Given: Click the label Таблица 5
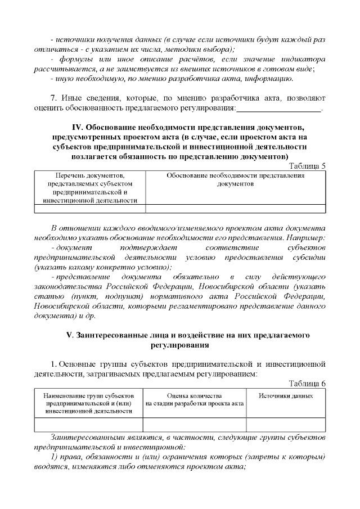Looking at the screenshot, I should click(x=307, y=165).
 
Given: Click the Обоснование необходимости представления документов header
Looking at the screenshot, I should click(x=236, y=179).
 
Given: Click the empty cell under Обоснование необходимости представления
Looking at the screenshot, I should click(x=236, y=209).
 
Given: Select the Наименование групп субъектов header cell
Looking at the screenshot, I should click(x=89, y=403).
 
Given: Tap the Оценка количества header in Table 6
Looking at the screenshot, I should click(x=195, y=399).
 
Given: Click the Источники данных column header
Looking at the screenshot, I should click(x=286, y=396).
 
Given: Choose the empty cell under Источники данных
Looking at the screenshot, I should click(x=286, y=425).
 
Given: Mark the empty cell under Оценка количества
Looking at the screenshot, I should click(x=195, y=425).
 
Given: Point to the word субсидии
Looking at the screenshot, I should click(x=308, y=257).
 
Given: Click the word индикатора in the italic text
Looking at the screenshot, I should click(x=304, y=58).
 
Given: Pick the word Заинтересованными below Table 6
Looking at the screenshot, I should click(x=84, y=437).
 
